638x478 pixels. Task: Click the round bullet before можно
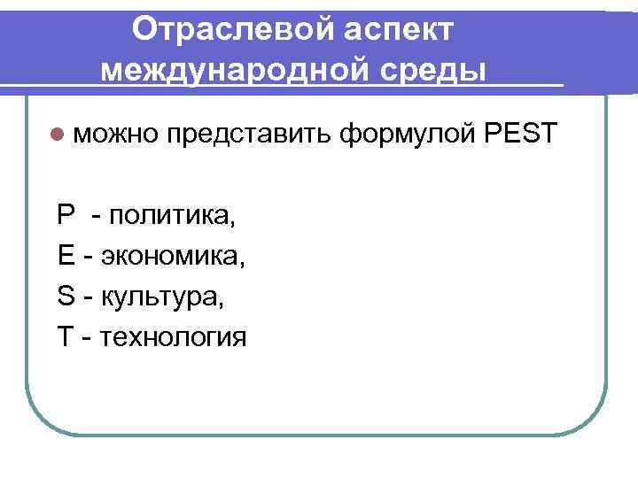pos(58,134)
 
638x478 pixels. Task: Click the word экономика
pos(173,256)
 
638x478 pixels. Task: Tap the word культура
pos(163,297)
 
